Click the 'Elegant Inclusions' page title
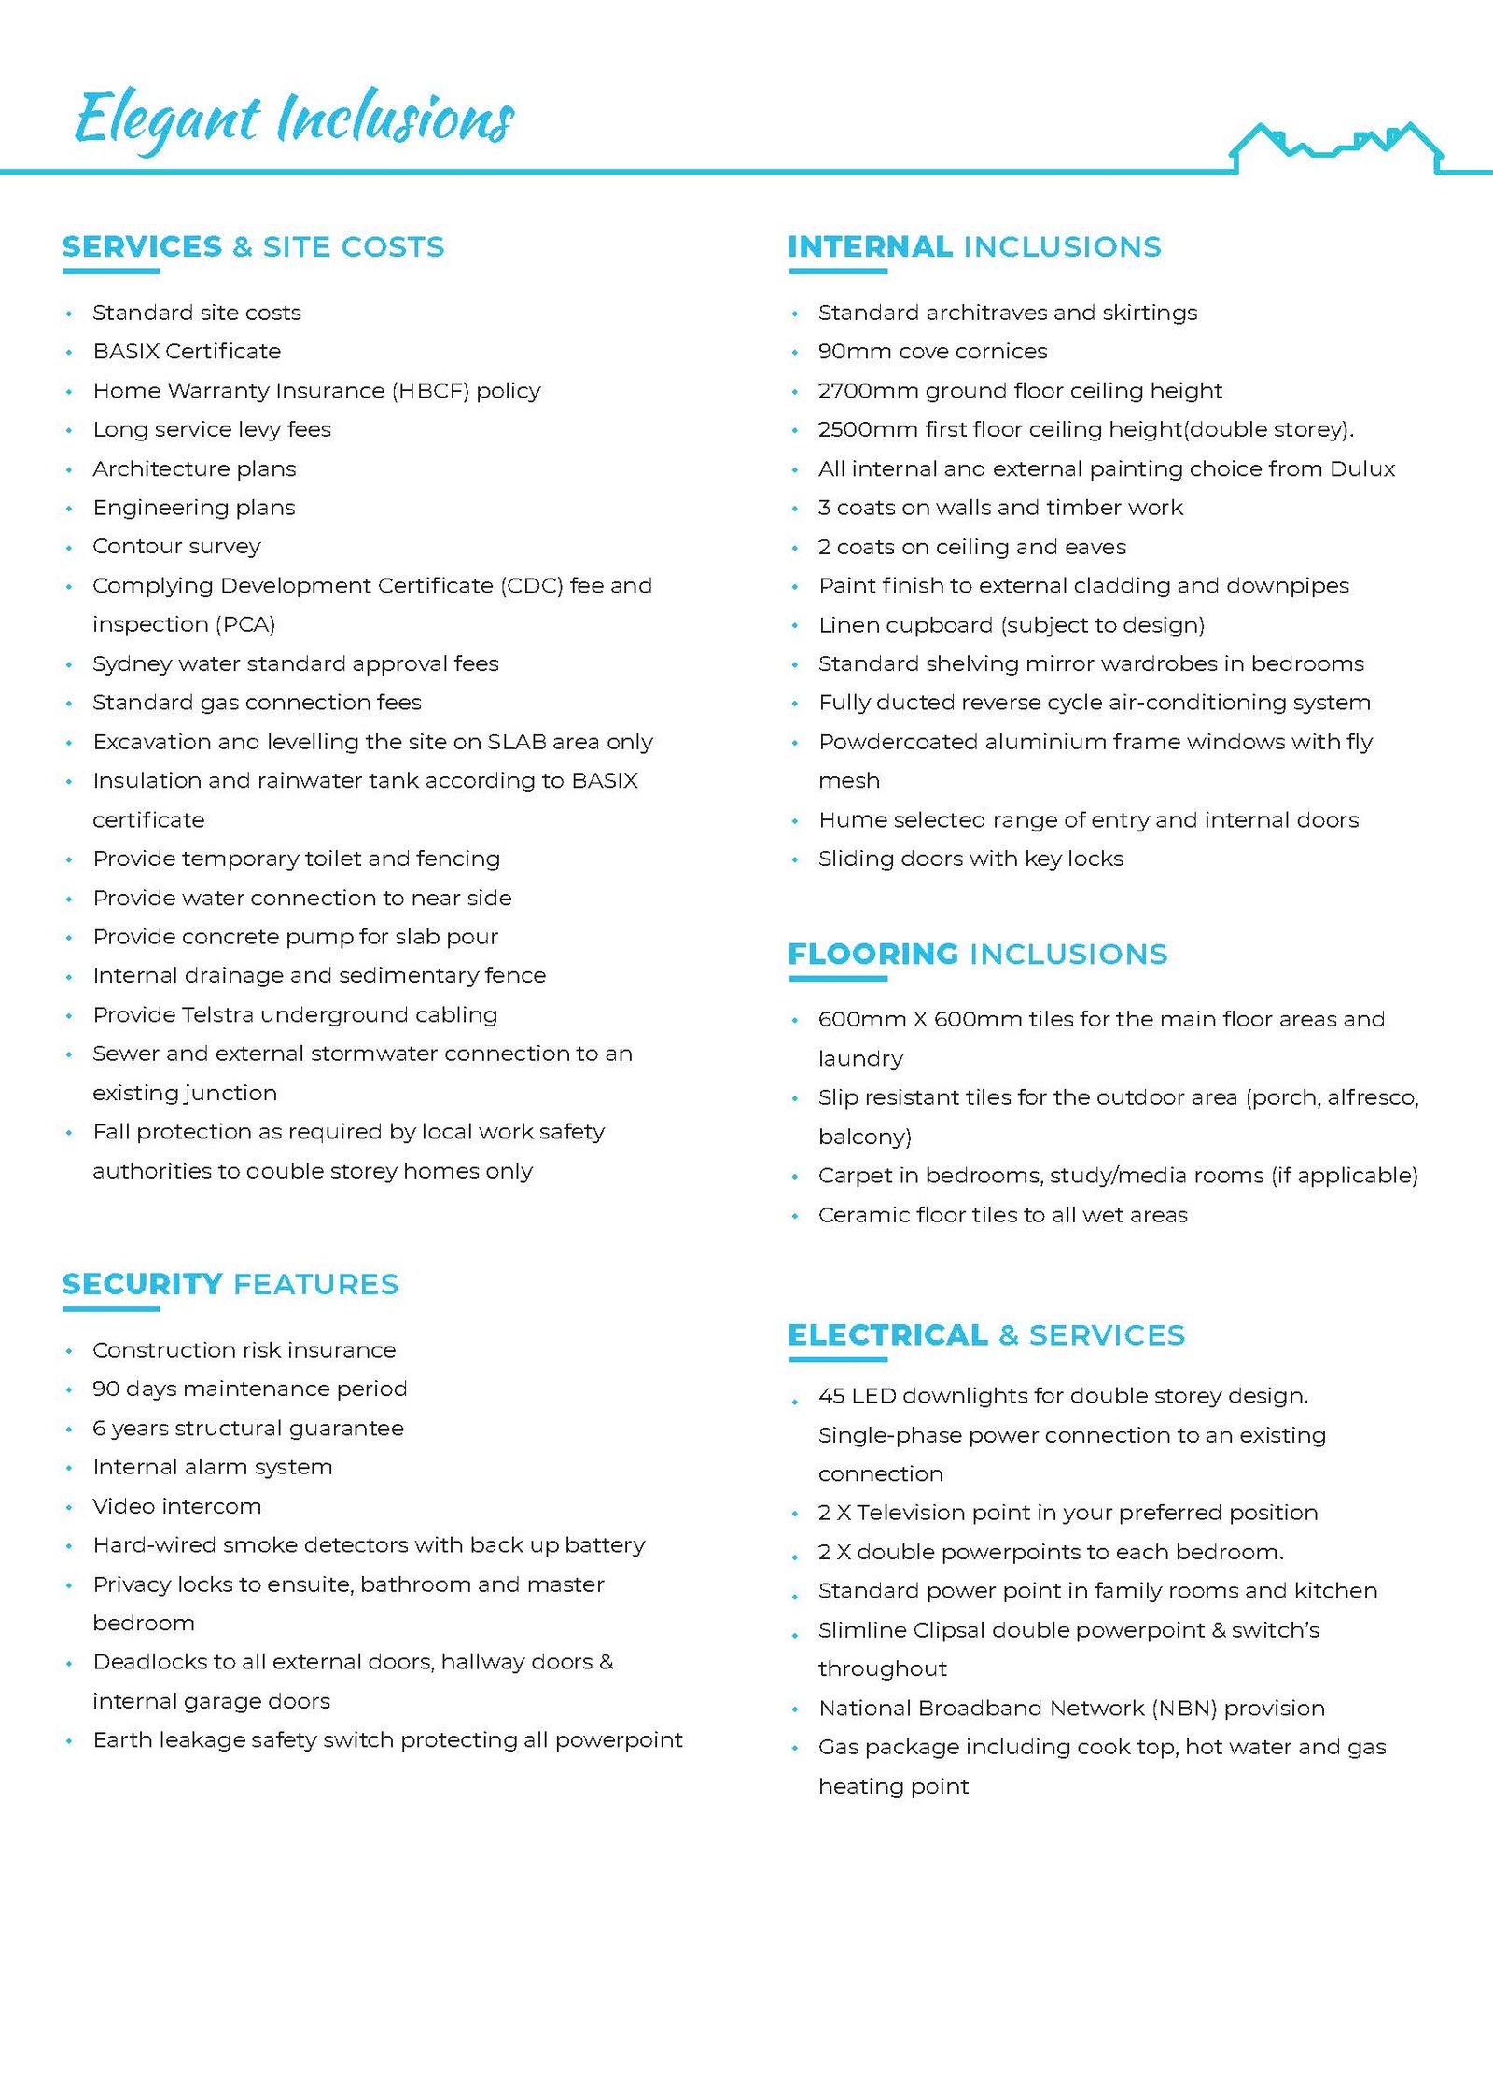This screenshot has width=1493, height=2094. [x=294, y=119]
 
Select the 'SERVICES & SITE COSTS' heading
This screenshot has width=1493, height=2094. [x=253, y=246]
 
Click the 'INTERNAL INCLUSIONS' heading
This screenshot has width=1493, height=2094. [x=974, y=246]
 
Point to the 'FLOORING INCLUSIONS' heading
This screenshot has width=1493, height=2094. [x=977, y=954]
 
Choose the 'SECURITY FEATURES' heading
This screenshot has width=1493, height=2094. [x=230, y=1284]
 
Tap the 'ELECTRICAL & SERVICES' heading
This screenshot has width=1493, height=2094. [x=986, y=1334]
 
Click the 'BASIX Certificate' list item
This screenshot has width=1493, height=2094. [x=187, y=352]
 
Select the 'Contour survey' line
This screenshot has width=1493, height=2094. [x=176, y=547]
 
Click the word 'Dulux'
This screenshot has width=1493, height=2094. [x=1362, y=468]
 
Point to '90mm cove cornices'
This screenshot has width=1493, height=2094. [x=932, y=352]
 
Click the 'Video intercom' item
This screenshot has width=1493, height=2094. [x=176, y=1506]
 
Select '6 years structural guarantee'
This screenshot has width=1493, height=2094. [x=248, y=1428]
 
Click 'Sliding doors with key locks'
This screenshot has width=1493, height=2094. [x=970, y=859]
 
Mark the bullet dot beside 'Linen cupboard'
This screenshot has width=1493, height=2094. [x=795, y=626]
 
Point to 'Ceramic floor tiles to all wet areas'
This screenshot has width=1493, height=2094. [x=1002, y=1215]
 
